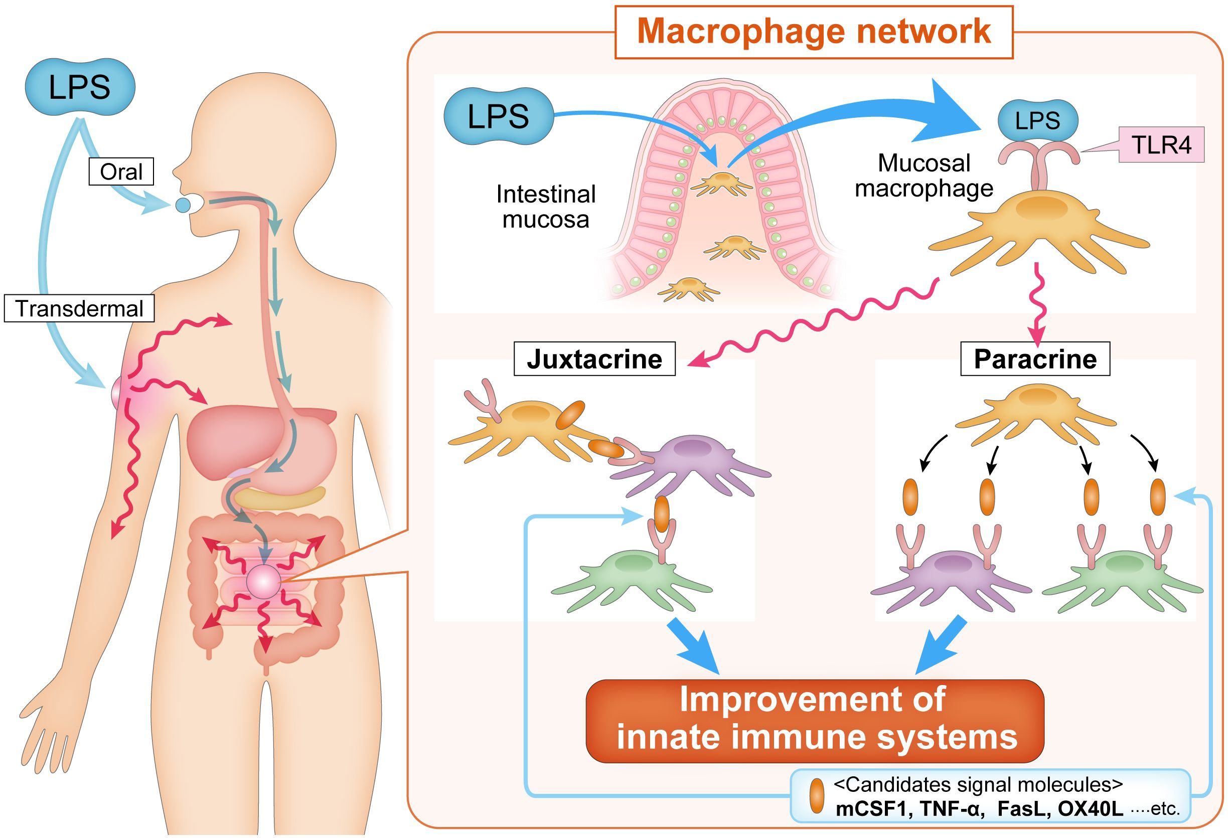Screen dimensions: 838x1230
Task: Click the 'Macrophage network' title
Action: pos(814,32)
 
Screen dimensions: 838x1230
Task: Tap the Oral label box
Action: pos(121,172)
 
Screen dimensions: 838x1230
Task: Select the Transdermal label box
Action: pos(79,308)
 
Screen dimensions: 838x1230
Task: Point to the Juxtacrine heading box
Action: pos(594,359)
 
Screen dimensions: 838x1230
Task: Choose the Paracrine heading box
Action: pos(1035,359)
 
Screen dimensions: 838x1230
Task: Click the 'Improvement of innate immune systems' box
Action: pos(815,720)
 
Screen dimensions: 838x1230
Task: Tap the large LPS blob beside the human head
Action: pos(80,87)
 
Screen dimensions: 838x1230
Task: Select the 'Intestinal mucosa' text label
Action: pos(546,207)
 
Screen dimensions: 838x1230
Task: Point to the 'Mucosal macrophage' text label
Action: pos(924,176)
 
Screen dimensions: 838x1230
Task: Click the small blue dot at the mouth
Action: pos(182,205)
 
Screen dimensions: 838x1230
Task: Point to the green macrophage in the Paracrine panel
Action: pos(1122,582)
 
